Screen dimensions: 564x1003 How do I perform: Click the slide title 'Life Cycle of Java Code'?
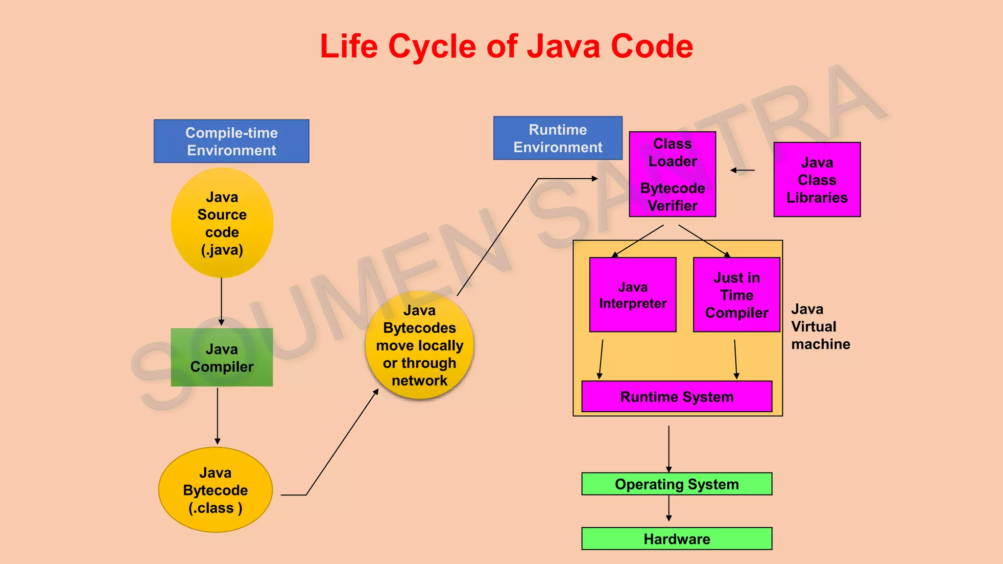coord(506,47)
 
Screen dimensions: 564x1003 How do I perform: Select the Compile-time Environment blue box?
coord(231,141)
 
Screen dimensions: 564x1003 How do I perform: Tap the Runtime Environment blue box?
coord(557,138)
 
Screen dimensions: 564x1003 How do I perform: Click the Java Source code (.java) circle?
coord(222,223)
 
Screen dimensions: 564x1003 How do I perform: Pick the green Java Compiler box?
coord(222,357)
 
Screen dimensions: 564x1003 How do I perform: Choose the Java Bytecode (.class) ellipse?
coord(215,490)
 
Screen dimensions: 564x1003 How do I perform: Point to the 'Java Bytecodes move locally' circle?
coord(419,345)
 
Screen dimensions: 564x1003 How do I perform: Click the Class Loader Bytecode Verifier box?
coord(672,174)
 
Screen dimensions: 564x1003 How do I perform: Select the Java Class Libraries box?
coord(817,180)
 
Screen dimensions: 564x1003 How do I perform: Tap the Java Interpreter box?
coord(633,295)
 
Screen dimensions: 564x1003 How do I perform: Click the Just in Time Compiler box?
coord(737,295)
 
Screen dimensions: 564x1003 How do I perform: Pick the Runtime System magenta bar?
coord(677,397)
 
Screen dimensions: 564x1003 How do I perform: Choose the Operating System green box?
coord(677,484)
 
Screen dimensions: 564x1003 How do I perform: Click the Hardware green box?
coord(677,539)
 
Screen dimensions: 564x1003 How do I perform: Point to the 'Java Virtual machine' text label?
coord(820,327)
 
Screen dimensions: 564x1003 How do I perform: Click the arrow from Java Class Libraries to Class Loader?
coord(742,170)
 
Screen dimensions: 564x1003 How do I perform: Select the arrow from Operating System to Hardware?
coord(669,508)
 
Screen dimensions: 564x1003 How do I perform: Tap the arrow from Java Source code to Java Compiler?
coord(221,301)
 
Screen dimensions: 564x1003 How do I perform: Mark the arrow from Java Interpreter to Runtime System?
coord(601,359)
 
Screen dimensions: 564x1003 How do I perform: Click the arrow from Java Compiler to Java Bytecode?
coord(217,416)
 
